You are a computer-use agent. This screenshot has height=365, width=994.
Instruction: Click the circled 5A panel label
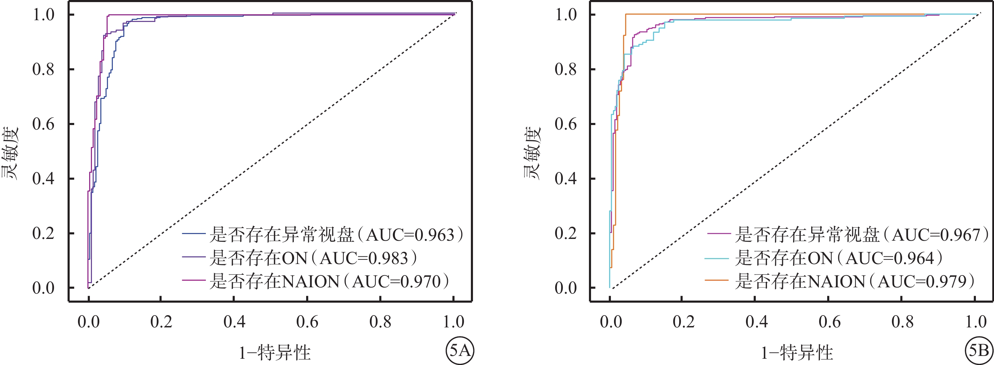tap(460, 351)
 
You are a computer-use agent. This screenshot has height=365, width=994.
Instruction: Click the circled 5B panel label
tap(979, 351)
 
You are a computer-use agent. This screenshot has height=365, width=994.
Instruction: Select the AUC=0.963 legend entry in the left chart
tap(336, 235)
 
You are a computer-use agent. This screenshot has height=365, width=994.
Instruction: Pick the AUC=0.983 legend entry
tap(312, 258)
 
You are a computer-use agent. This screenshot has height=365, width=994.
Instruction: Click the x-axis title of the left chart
tap(275, 352)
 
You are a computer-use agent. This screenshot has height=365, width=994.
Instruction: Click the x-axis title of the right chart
tap(797, 352)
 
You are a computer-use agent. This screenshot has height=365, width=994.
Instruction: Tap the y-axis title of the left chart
tap(10, 153)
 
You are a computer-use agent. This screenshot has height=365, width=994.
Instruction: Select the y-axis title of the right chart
tap(533, 153)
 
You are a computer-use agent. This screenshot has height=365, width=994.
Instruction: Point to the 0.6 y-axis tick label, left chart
tap(43, 124)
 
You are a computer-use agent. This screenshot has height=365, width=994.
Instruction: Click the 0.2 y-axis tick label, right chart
tap(566, 233)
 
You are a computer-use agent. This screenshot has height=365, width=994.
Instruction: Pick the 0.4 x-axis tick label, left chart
tap(234, 322)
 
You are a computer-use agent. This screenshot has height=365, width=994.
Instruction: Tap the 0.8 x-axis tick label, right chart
tap(902, 322)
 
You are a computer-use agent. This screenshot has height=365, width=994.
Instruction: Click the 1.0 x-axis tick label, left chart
tap(453, 322)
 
